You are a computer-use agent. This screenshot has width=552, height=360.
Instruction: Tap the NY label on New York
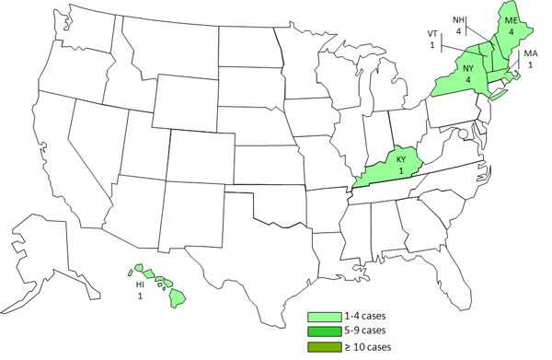point(468,67)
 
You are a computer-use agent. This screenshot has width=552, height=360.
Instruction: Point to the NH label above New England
point(458,19)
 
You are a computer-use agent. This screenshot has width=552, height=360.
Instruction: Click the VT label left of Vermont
point(432,36)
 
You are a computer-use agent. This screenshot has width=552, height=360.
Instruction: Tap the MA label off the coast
point(530,54)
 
